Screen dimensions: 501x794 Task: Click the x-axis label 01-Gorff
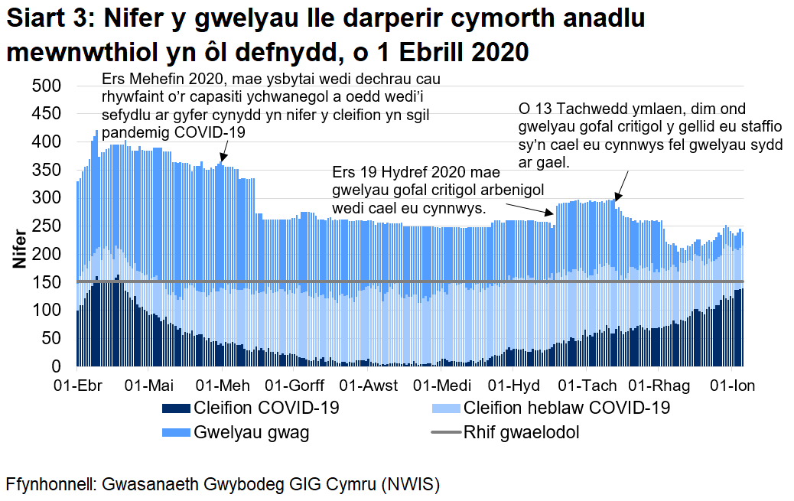295,385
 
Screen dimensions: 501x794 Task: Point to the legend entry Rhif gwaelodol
521,432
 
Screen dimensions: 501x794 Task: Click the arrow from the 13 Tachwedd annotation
622,186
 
